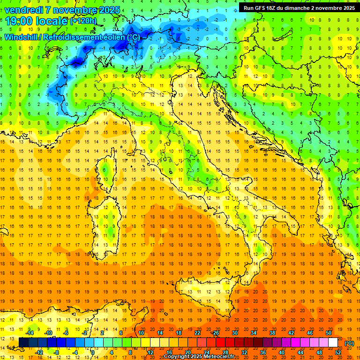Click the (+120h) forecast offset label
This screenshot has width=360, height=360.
click(83, 21)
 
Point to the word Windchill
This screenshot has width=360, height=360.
click(22, 37)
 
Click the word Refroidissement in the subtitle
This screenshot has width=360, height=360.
click(74, 37)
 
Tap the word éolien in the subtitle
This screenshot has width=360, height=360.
click(115, 37)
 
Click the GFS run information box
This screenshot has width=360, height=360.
click(299, 8)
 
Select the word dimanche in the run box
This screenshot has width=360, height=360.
click(299, 8)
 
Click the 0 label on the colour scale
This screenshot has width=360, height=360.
click(93, 352)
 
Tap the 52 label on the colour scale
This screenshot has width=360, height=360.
click(338, 352)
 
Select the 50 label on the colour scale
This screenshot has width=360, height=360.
click(329, 333)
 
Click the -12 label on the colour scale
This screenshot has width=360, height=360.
click(39, 352)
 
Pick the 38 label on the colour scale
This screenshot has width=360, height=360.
click(272, 333)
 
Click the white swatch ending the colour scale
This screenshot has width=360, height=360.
click(333, 342)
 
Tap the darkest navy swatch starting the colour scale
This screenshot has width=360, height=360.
click(23, 342)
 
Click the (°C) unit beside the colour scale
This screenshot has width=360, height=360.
click(349, 343)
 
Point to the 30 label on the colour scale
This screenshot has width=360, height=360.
click(235, 333)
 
